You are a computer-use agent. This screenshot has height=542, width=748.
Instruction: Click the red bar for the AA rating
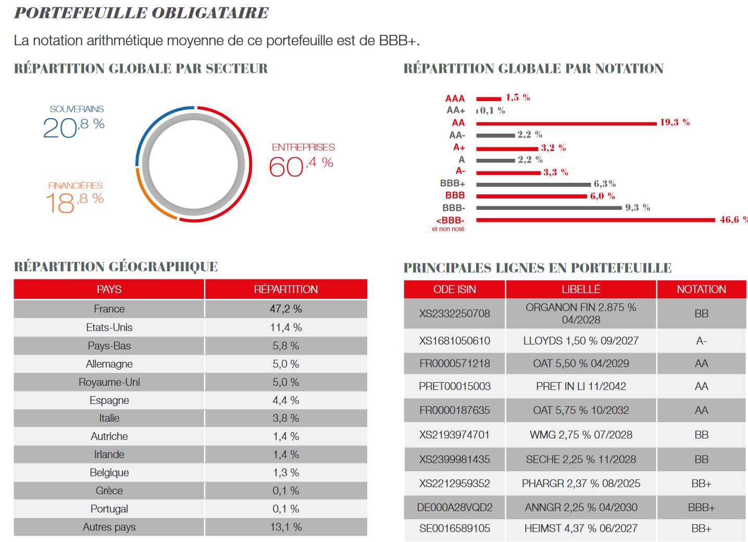pos(566,123)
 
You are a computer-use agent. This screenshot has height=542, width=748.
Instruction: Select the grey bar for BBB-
pos(548,208)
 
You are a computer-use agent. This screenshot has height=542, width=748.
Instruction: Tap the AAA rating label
pos(455,98)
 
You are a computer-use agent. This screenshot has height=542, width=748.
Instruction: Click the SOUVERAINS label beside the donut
pos(77,109)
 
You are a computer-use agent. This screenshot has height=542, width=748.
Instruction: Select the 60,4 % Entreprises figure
pos(301,166)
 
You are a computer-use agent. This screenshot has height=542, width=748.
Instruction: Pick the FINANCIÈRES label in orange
pos(76,185)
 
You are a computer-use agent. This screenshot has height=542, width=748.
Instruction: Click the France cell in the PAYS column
pos(109,309)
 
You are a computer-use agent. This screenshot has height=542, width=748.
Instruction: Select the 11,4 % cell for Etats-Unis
pos(286,327)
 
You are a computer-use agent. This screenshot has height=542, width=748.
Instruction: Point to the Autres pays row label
pos(109,527)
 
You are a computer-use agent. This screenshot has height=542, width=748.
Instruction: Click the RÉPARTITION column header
pos(286,289)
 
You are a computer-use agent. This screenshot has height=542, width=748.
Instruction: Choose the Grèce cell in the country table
pos(109,490)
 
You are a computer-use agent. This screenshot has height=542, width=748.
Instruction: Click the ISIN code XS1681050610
pos(454,341)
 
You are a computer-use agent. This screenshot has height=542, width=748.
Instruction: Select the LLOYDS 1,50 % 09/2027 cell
pos(581,341)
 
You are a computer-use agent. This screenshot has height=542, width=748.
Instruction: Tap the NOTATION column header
pos(701,289)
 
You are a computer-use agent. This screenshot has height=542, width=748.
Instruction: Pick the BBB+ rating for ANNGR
pos(701,507)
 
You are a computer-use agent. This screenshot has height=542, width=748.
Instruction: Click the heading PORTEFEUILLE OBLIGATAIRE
pos(141,13)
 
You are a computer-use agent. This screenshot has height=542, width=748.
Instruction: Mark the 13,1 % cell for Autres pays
pos(286,527)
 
